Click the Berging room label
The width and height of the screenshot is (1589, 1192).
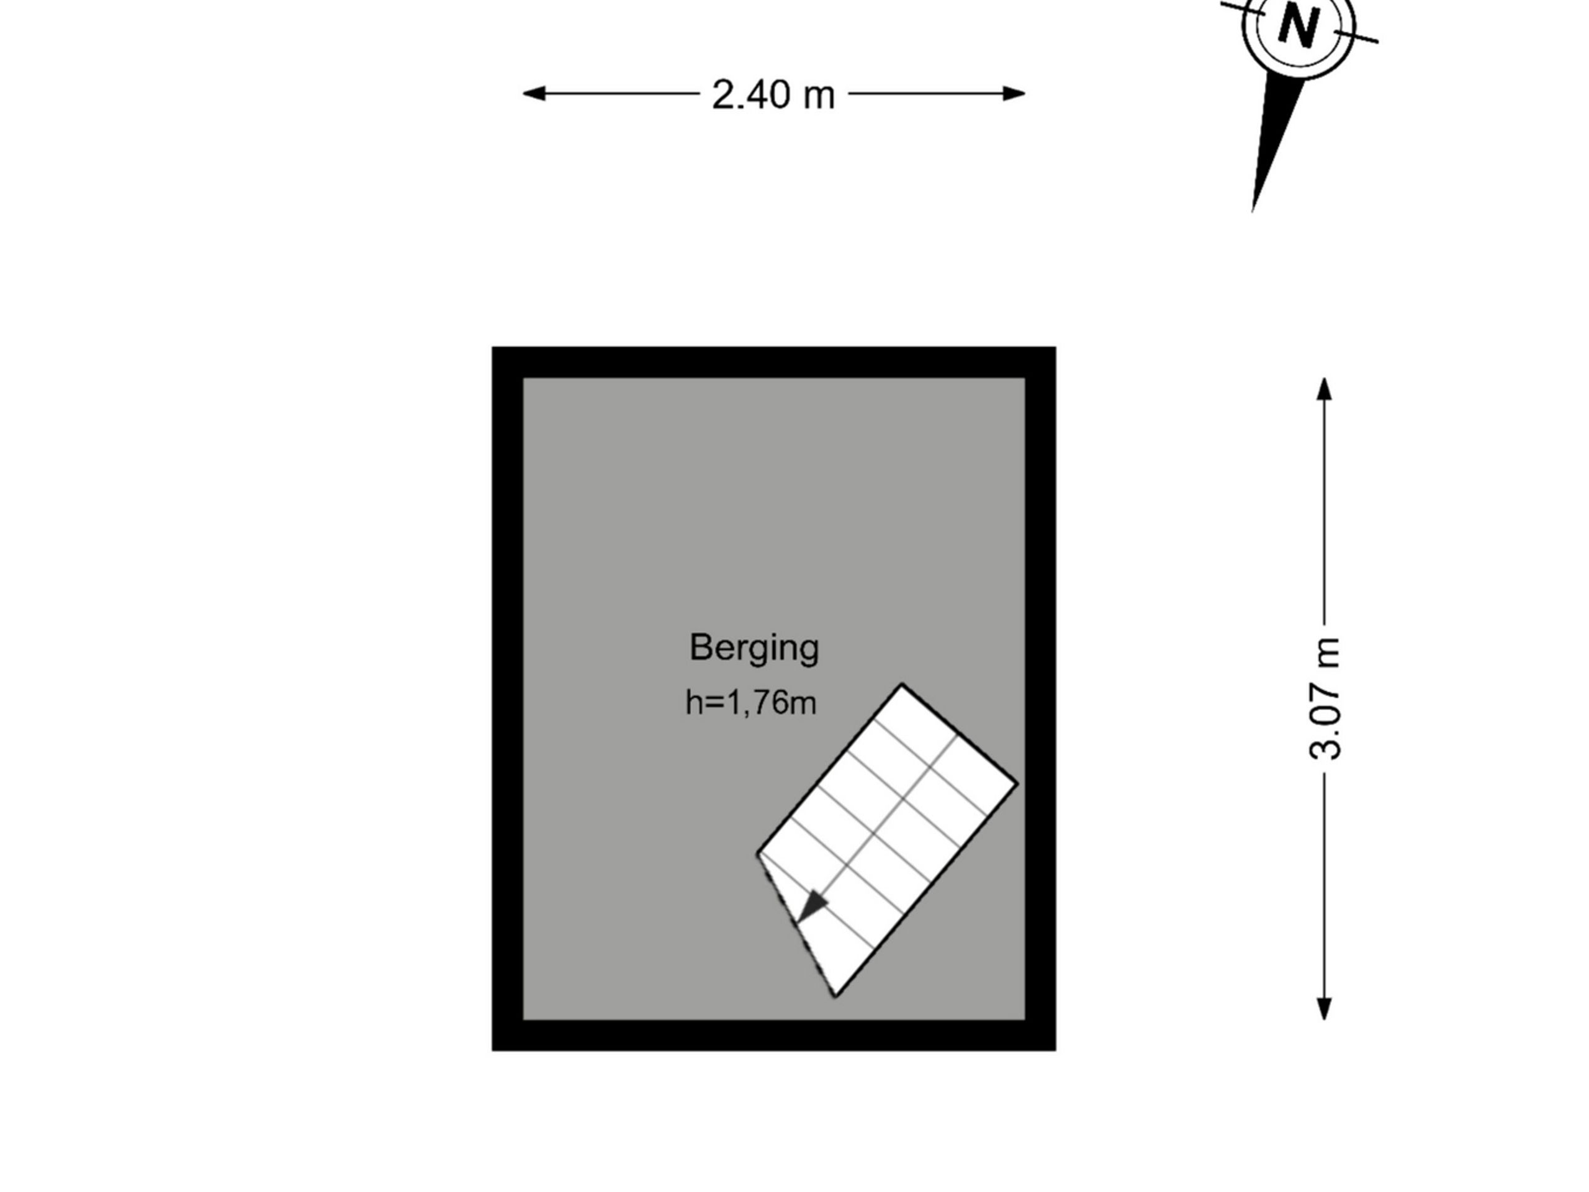(754, 649)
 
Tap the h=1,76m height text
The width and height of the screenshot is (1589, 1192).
(752, 702)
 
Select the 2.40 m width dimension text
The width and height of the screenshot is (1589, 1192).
(773, 94)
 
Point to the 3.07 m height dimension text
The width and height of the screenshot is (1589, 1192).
(1325, 698)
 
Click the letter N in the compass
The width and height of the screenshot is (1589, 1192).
(1297, 27)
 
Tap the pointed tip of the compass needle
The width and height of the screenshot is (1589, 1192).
(1253, 210)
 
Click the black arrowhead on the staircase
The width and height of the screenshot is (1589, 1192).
(813, 905)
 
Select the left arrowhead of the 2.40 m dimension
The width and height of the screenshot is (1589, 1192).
(534, 93)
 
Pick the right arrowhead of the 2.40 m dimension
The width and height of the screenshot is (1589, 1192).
(1014, 93)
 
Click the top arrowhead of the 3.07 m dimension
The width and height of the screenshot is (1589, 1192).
(1324, 389)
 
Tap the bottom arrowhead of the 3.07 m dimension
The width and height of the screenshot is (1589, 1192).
(1324, 1009)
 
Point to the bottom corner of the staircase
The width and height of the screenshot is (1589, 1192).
(835, 997)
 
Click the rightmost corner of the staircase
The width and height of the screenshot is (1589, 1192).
(1017, 783)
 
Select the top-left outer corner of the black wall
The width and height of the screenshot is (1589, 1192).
(493, 348)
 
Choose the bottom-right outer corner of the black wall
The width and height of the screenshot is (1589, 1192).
(1055, 1050)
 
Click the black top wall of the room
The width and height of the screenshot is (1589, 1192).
(773, 362)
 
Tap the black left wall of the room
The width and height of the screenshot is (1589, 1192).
(507, 699)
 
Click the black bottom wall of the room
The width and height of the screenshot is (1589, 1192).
(773, 1036)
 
